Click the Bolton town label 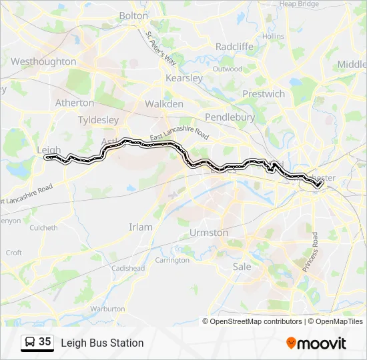pyautogui.click(x=133, y=15)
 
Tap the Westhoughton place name pyautogui.click(x=43, y=61)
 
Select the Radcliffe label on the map pyautogui.click(x=234, y=46)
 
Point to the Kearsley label pyautogui.click(x=184, y=78)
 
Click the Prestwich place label pyautogui.click(x=264, y=94)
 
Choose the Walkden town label pyautogui.click(x=164, y=104)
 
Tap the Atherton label pyautogui.click(x=75, y=103)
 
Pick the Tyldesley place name pyautogui.click(x=98, y=120)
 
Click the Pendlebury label pyautogui.click(x=230, y=117)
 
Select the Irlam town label pyautogui.click(x=141, y=227)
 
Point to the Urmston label pyautogui.click(x=209, y=233)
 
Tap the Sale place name pyautogui.click(x=242, y=267)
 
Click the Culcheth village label pyautogui.click(x=44, y=227)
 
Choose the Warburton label pyautogui.click(x=107, y=309)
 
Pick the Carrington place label pyautogui.click(x=172, y=260)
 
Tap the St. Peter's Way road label pyautogui.click(x=161, y=49)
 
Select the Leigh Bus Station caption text pyautogui.click(x=102, y=343)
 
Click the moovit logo pyautogui.click(x=316, y=343)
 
